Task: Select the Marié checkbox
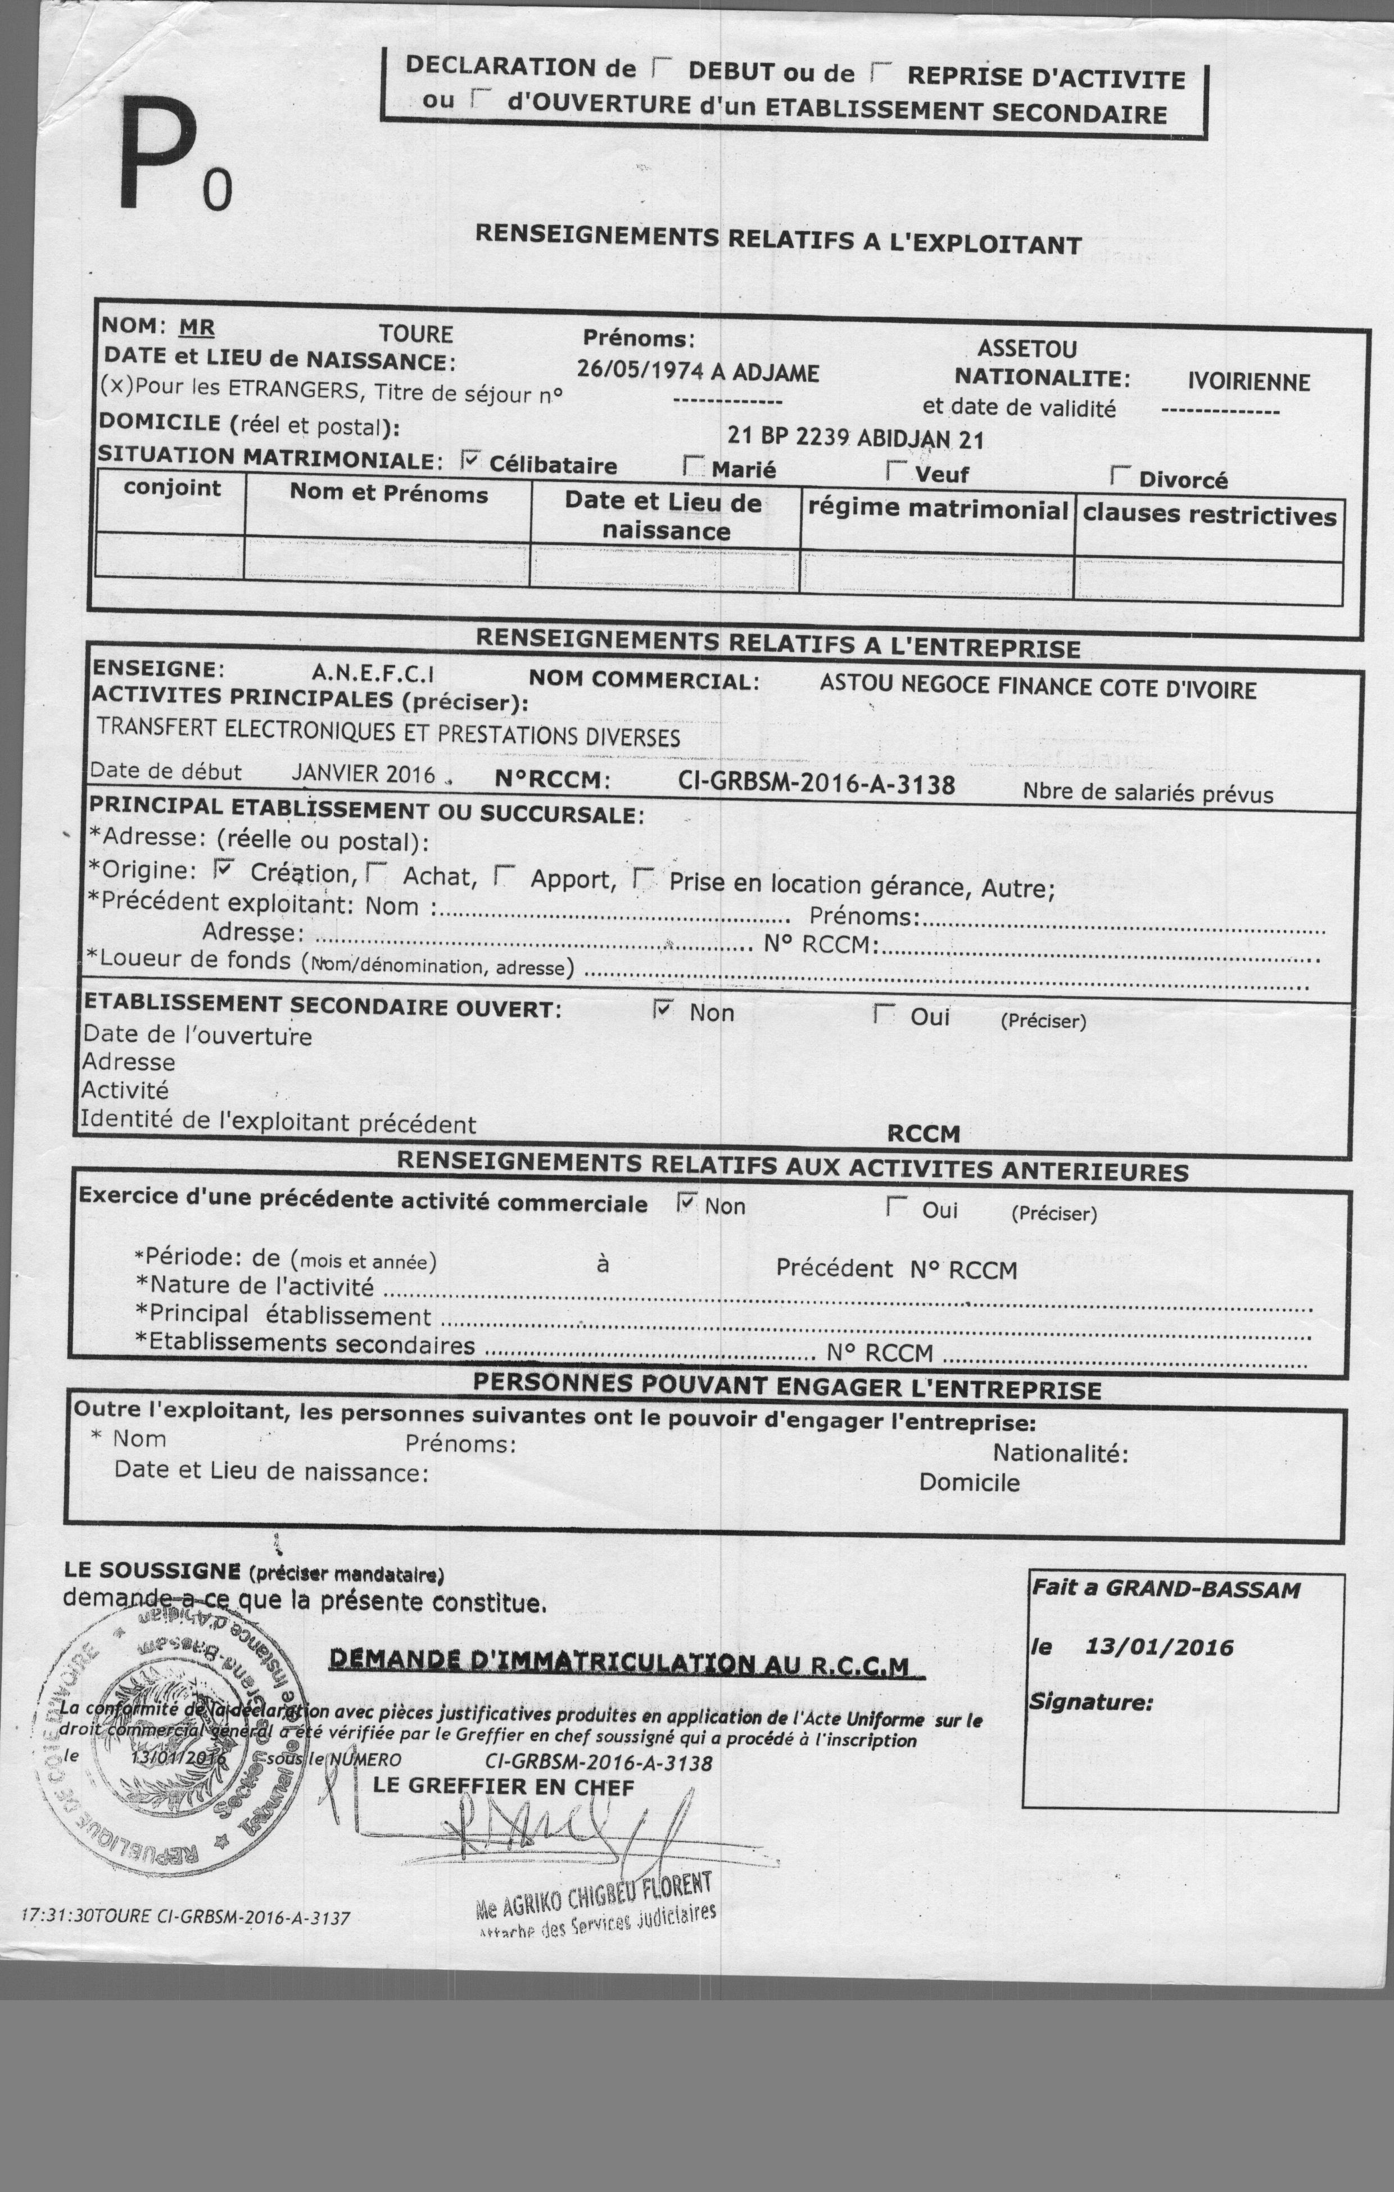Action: point(694,467)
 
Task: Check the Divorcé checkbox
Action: point(1120,475)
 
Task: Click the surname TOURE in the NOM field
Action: point(416,334)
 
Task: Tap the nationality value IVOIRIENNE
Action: point(1248,382)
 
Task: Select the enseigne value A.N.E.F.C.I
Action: point(373,674)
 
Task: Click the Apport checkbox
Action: point(503,876)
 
